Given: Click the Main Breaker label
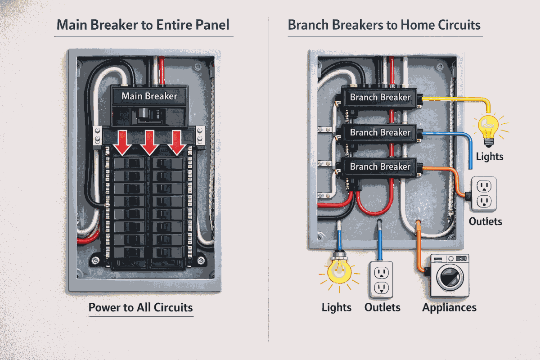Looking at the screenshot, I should [x=149, y=96].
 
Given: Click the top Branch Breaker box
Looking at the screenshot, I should [x=380, y=97].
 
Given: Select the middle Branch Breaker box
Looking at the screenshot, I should [x=380, y=132].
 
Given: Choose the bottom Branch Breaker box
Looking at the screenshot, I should [x=380, y=166].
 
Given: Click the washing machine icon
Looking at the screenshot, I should [x=450, y=275].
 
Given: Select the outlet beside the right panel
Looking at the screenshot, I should [x=483, y=194].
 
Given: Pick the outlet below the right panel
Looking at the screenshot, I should [x=382, y=279].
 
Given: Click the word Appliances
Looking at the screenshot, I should [x=449, y=308].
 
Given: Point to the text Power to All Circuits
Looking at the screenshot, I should [x=140, y=308].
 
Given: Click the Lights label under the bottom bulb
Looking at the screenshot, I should [x=337, y=308].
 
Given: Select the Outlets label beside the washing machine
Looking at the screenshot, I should [x=382, y=308].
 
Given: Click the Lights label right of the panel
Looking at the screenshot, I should [x=489, y=157].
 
